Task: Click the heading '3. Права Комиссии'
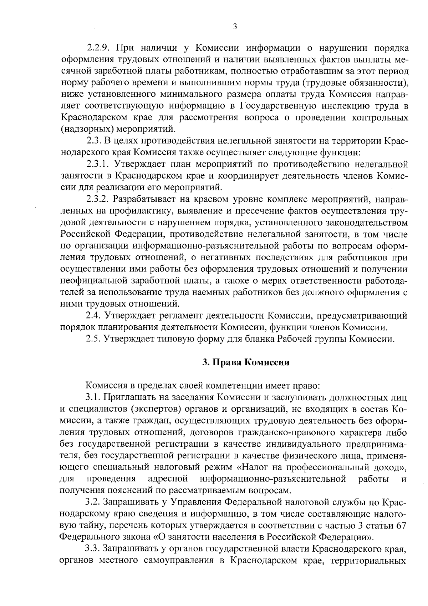(x=245, y=362)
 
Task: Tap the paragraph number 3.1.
(x=94, y=397)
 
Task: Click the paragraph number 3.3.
(x=94, y=547)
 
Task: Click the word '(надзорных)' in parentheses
(x=82, y=129)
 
